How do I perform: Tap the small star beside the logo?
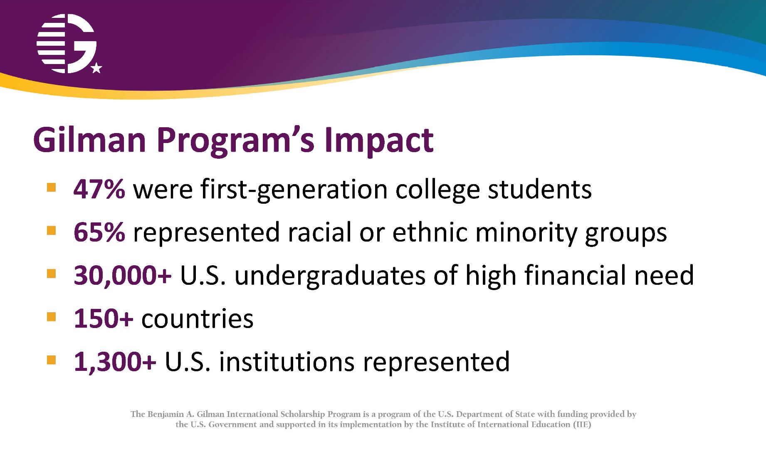96,68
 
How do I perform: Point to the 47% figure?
99,189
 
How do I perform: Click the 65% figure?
99,232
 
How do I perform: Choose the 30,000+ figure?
122,275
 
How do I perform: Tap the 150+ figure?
104,318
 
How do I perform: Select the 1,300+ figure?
115,362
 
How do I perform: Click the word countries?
198,319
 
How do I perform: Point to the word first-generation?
294,190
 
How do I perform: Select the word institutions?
287,362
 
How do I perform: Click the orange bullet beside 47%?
51,187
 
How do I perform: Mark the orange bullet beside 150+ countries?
51,317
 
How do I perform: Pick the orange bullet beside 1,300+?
51,360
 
